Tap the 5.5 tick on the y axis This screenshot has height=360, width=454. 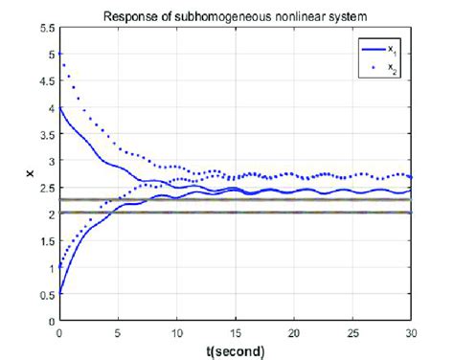pos(45,28)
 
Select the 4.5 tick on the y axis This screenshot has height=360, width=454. pos(45,81)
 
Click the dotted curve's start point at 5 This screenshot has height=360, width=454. pos(59,55)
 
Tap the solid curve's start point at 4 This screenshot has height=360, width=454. pos(59,108)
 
